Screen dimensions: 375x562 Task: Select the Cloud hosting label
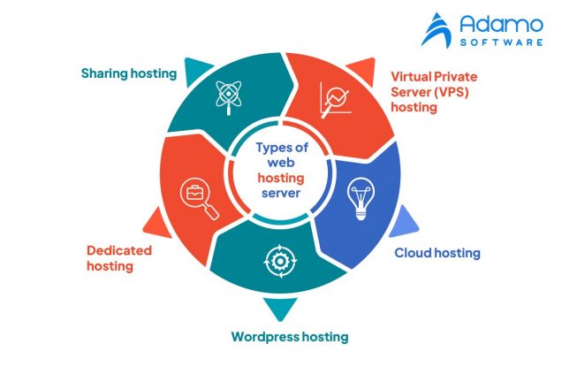pos(437,253)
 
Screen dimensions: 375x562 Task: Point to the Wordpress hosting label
pos(290,337)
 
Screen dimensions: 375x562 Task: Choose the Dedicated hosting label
pos(119,257)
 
